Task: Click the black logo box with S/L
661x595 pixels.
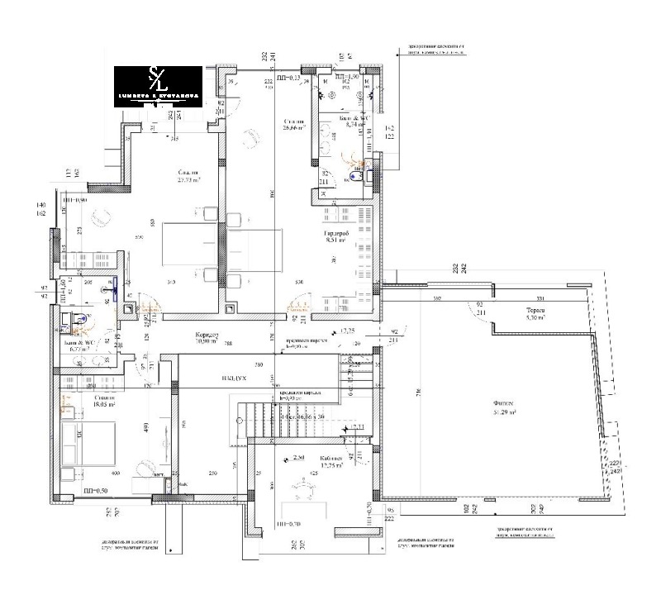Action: (157, 86)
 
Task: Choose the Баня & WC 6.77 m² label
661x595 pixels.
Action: (83, 345)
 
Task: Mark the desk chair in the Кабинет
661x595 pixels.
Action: (298, 488)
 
